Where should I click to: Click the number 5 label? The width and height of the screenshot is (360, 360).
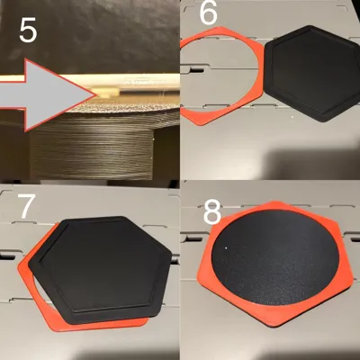[28, 31]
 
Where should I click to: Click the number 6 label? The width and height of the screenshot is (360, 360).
[208, 13]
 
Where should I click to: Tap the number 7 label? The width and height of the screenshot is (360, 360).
[26, 206]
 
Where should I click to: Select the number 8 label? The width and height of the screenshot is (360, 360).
[212, 212]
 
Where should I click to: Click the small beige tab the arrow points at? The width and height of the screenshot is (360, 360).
[105, 91]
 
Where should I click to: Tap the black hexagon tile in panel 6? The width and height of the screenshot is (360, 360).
[311, 73]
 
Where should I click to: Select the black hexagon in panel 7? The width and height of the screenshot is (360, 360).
[101, 269]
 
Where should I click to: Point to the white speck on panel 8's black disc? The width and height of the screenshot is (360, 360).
[226, 247]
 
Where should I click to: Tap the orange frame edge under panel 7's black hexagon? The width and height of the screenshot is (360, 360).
[99, 326]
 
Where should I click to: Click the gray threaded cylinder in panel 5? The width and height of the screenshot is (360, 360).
[92, 150]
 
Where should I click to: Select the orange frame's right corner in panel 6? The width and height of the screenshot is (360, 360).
[263, 92]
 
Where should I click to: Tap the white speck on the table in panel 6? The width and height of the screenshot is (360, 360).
[292, 116]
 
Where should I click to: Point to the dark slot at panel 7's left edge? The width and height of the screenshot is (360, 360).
[7, 256]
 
